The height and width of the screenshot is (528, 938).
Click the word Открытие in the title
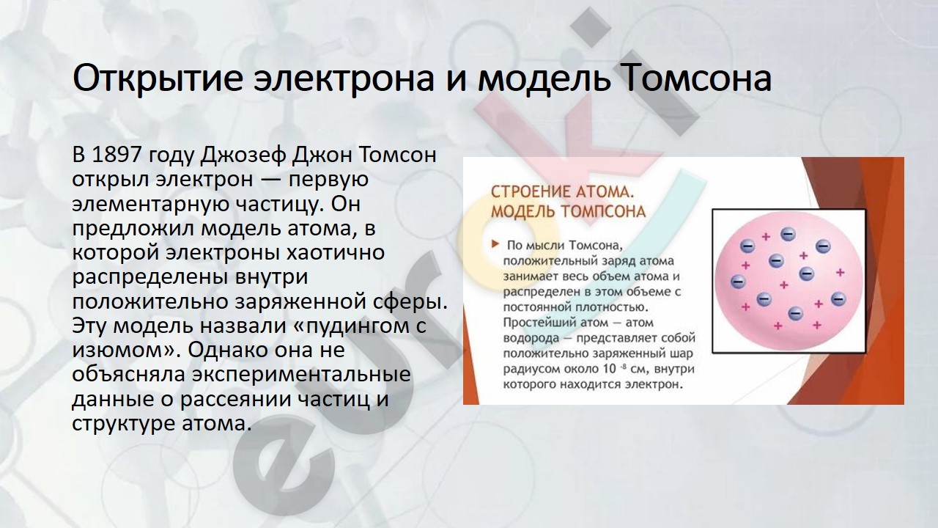(158, 78)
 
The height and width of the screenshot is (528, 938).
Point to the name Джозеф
(243, 155)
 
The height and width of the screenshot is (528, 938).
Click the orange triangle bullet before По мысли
(495, 244)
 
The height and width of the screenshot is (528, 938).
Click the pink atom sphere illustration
(789, 281)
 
